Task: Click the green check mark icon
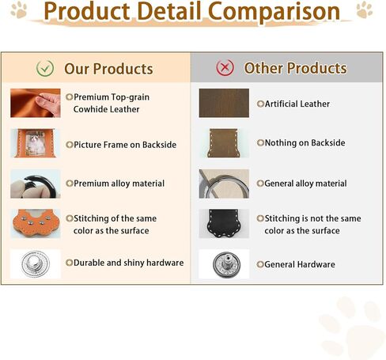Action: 45,69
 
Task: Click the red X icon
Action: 225,67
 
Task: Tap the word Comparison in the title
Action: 274,12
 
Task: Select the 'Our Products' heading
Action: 108,69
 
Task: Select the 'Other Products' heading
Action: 296,68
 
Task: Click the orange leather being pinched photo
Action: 36,103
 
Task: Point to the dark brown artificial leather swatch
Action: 224,103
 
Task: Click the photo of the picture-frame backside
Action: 36,143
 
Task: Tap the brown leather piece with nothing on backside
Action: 224,143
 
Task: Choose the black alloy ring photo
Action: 36,184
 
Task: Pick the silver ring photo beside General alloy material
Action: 224,184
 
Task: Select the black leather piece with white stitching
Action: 224,224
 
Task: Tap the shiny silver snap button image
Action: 36,263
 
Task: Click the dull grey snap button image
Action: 226,264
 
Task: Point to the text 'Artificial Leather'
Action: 297,104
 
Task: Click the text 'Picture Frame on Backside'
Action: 125,145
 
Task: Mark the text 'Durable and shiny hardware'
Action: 129,263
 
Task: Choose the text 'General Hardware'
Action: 300,264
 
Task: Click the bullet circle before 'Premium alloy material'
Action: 70,184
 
